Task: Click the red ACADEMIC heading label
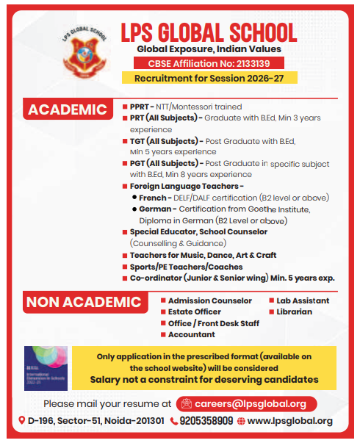coord(68,110)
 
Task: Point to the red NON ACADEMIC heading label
coord(83,302)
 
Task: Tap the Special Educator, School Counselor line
coord(199,231)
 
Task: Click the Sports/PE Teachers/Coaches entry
coord(187,266)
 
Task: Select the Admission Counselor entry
coord(210,300)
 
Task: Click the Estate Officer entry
coord(194,311)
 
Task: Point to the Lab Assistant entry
coord(303,300)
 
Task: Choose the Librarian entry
coord(295,311)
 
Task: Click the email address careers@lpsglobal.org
coord(250,403)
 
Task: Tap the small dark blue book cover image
coord(46,367)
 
